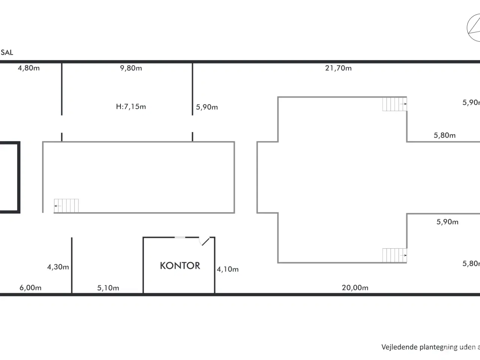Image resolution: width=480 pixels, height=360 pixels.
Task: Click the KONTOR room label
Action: tap(180, 266)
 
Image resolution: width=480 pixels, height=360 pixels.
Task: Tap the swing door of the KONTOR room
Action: tap(205, 241)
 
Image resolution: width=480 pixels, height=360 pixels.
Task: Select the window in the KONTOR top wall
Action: tap(180, 237)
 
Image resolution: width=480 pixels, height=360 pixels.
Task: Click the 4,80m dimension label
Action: tap(29, 68)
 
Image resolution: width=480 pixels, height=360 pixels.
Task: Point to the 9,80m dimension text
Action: tap(131, 68)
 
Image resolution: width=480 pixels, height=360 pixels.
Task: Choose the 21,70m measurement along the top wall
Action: tap(338, 68)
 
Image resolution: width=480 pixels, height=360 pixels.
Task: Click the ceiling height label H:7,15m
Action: tap(131, 106)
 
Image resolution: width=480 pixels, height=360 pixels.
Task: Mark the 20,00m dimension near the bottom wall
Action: tap(355, 288)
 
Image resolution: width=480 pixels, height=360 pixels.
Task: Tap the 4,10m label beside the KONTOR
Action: tap(228, 269)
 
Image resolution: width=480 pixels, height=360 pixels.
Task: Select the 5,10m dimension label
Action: tap(108, 288)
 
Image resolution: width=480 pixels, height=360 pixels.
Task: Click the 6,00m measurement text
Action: tap(30, 288)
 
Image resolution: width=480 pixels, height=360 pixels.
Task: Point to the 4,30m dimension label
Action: tap(58, 267)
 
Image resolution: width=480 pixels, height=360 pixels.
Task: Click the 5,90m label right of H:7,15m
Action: tap(207, 107)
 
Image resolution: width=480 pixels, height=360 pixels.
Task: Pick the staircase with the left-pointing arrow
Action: tap(66, 205)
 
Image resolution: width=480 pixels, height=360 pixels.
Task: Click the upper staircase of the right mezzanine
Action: tap(394, 104)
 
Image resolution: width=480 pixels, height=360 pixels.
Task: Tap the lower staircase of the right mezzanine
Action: tap(394, 255)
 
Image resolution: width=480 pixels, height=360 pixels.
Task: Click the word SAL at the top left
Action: tap(7, 52)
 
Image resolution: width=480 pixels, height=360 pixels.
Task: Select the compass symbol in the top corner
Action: tap(473, 28)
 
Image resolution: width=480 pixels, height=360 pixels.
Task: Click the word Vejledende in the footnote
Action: tap(399, 347)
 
